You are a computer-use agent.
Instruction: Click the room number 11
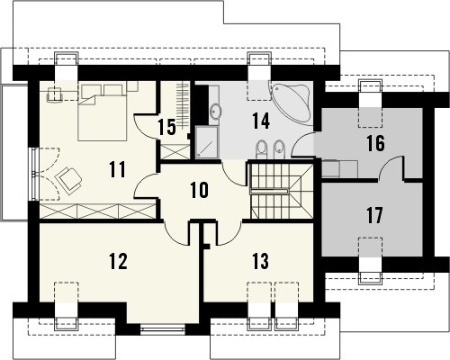pos(117,169)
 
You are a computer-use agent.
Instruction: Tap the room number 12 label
pos(118,261)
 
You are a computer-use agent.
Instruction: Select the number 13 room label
pos(260,261)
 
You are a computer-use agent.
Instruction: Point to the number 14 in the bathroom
pos(261,121)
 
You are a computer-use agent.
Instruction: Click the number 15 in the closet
pos(166,127)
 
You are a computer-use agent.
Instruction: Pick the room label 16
pos(375,143)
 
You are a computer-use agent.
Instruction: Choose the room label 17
pos(375,215)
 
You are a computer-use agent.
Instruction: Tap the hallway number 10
pos(199,190)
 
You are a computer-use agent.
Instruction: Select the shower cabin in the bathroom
pos(207,142)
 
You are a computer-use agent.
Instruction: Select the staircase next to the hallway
pos(282,191)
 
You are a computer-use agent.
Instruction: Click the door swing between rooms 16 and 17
pos(391,168)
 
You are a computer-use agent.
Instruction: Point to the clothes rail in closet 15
pos(182,104)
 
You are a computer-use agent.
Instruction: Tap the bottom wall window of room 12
pos(163,329)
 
